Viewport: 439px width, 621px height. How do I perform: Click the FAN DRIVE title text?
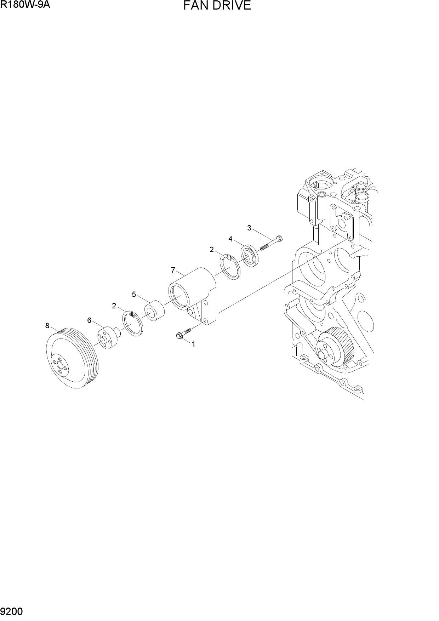coord(217,6)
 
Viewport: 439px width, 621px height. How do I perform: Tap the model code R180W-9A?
coord(25,5)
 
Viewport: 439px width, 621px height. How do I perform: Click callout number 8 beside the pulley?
coord(47,326)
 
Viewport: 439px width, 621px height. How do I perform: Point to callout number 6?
coord(89,320)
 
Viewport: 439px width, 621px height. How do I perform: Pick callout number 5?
coord(134,295)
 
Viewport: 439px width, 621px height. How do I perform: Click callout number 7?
coord(173,270)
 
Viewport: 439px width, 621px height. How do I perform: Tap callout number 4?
coord(230,239)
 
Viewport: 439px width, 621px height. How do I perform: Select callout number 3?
coord(249,228)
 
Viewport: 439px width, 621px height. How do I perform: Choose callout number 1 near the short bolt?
coord(194,344)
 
